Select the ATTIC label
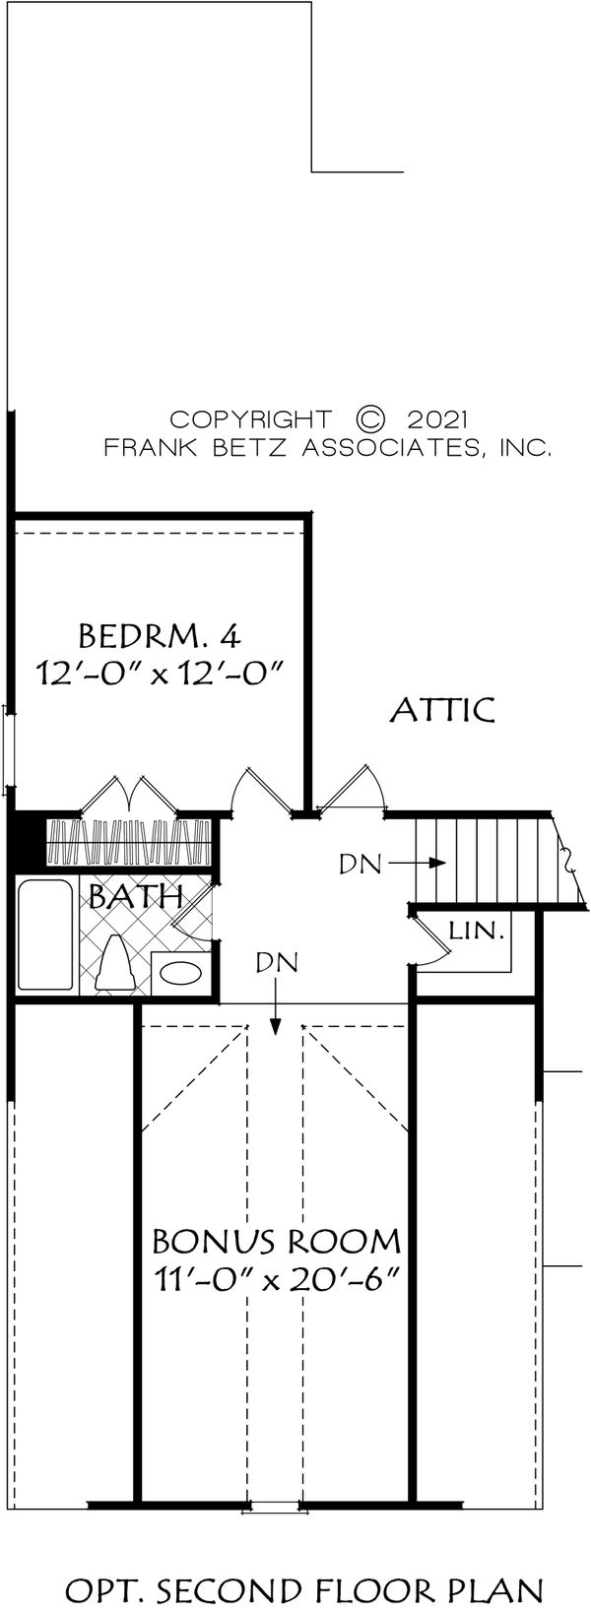tap(442, 709)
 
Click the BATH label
tap(136, 897)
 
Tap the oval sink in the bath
tap(180, 974)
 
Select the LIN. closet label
tap(478, 929)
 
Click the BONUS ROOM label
tap(276, 1239)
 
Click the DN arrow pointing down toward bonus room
tap(276, 1014)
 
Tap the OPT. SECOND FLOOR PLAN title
tap(317, 1588)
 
